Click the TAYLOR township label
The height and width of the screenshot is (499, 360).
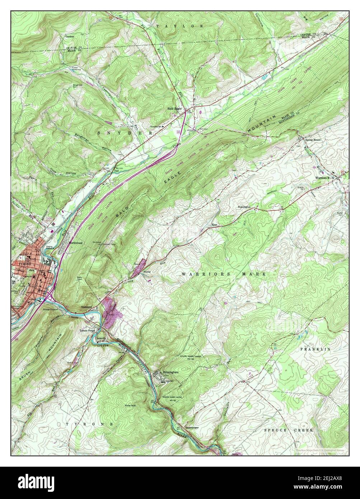pyautogui.click(x=180, y=26)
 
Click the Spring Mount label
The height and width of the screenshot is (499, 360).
pyautogui.click(x=313, y=140)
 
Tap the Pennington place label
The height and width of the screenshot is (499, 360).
pyautogui.click(x=244, y=207)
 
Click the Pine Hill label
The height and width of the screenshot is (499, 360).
pyautogui.click(x=130, y=405)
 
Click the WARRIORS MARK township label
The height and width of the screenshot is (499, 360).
pyautogui.click(x=224, y=274)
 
